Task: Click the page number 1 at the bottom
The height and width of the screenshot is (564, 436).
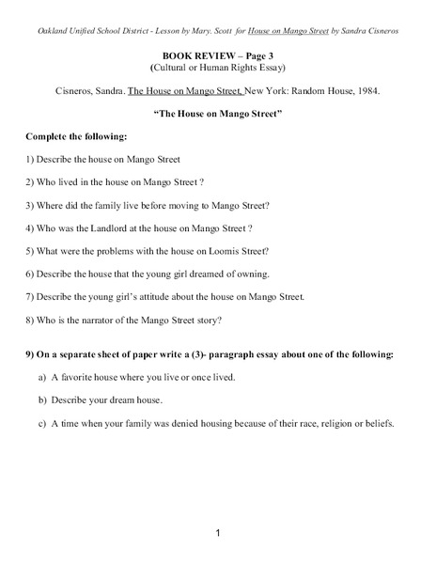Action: tap(217, 533)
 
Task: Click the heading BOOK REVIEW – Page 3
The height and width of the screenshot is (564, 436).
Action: tap(217, 56)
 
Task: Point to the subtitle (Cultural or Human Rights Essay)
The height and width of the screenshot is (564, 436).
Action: tap(218, 69)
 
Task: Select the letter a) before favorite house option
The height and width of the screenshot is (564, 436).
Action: tap(43, 377)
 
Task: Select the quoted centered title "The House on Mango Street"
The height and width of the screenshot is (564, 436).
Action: tap(217, 114)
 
